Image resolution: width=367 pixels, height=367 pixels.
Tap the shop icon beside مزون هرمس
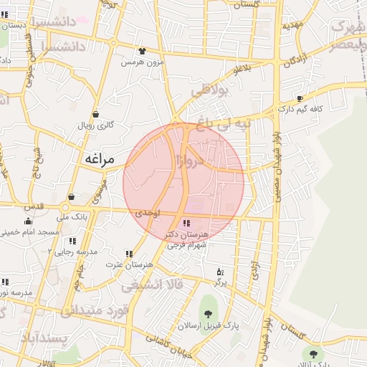(x=142, y=52)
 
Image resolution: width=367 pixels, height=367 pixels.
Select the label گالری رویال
(x=96, y=125)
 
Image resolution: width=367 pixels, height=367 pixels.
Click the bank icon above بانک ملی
(x=70, y=197)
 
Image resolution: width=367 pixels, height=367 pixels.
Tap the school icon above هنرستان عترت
(x=129, y=254)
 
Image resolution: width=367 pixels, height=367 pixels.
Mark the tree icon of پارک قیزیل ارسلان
(x=208, y=314)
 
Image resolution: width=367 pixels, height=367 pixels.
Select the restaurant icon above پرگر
(x=220, y=272)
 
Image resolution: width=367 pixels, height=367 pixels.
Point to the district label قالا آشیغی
(x=152, y=286)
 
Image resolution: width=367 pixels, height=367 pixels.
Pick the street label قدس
(x=34, y=206)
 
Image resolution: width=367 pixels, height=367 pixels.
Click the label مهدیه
(x=292, y=25)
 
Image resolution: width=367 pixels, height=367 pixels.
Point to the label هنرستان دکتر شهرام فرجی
(x=187, y=239)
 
